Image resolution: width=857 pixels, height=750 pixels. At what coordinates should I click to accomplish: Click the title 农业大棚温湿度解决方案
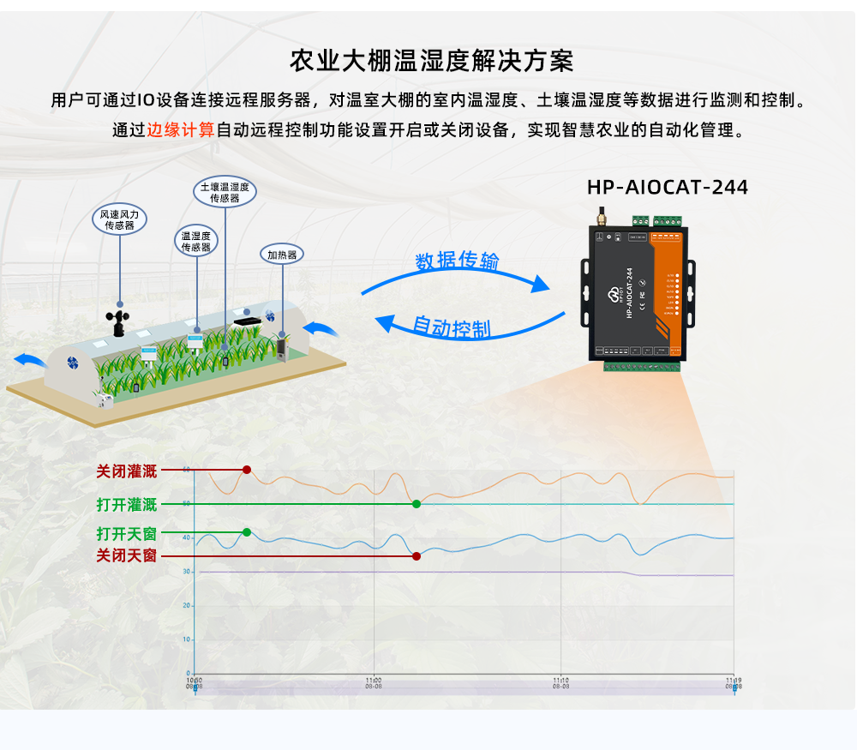(x=432, y=61)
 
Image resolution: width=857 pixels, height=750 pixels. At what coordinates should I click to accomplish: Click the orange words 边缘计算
(x=180, y=130)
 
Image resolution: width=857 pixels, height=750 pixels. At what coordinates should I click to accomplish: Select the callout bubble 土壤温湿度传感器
(x=224, y=192)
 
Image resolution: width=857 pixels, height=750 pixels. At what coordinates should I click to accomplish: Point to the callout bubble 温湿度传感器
(x=196, y=241)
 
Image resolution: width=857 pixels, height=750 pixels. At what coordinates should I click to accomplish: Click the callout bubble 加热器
(x=282, y=255)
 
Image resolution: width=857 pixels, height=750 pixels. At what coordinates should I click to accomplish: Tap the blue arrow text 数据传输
(x=457, y=261)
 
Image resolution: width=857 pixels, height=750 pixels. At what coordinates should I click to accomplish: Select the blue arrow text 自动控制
(x=451, y=327)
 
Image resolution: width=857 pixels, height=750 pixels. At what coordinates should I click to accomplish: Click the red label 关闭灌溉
(x=127, y=471)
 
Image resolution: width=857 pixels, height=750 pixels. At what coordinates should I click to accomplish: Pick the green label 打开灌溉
(x=127, y=504)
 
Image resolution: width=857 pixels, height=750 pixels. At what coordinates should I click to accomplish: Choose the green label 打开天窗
(x=127, y=533)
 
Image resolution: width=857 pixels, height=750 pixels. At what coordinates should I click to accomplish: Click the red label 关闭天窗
(x=127, y=555)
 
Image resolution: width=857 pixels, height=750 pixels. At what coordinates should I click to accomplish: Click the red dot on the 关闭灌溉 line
(x=247, y=470)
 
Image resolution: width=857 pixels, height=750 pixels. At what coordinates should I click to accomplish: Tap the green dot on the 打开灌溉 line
(x=417, y=504)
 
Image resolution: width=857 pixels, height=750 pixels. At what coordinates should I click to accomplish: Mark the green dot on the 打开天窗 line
(x=247, y=532)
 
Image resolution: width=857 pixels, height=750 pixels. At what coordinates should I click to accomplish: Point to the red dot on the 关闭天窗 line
(x=417, y=555)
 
